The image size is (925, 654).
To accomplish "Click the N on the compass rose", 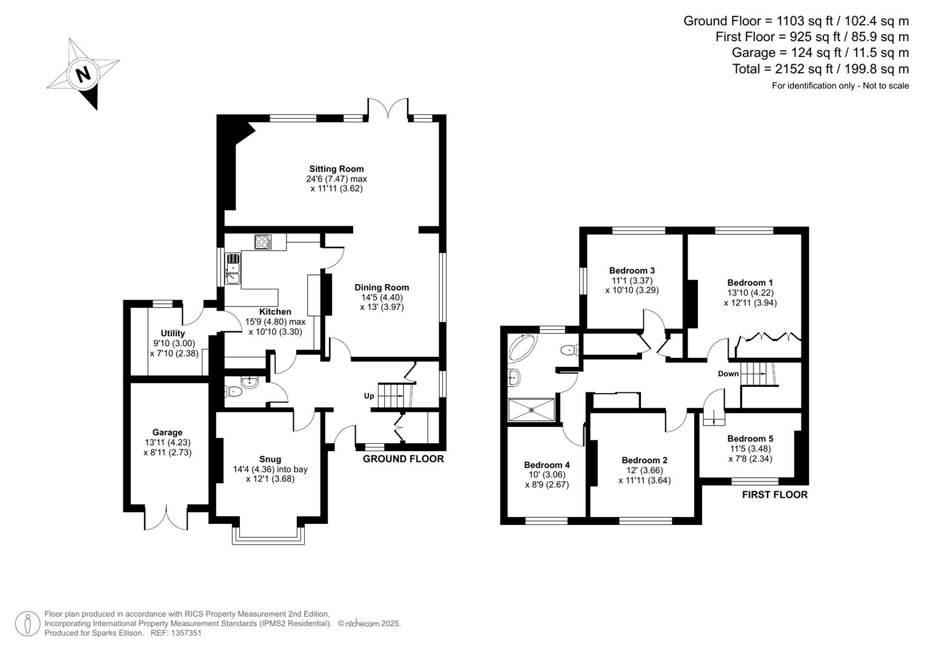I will coord(83,74).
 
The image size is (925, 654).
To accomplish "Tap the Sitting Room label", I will coord(336,169).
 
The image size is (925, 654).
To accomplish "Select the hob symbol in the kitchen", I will coord(263,242).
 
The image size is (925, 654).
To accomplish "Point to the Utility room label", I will coord(173,333).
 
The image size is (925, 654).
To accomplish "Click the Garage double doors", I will coord(167,518).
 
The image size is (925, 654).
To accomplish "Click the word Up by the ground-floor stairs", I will coord(369,396).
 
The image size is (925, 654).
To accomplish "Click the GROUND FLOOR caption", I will coord(403,459).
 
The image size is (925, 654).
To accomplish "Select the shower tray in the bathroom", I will coord(532,409).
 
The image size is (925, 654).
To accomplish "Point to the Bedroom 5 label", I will coord(750,438).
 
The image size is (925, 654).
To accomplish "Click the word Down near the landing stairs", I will coord(728,374).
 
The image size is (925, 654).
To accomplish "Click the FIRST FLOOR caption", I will coord(775,495).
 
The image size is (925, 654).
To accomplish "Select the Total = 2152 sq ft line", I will coord(820,69).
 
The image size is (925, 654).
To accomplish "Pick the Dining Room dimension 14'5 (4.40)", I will coord(382,297).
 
